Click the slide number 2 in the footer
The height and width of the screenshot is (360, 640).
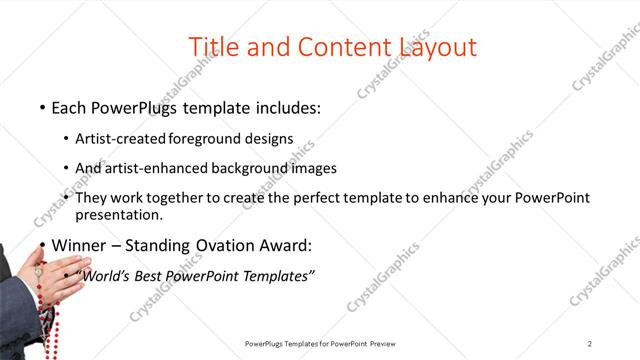click(590, 343)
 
